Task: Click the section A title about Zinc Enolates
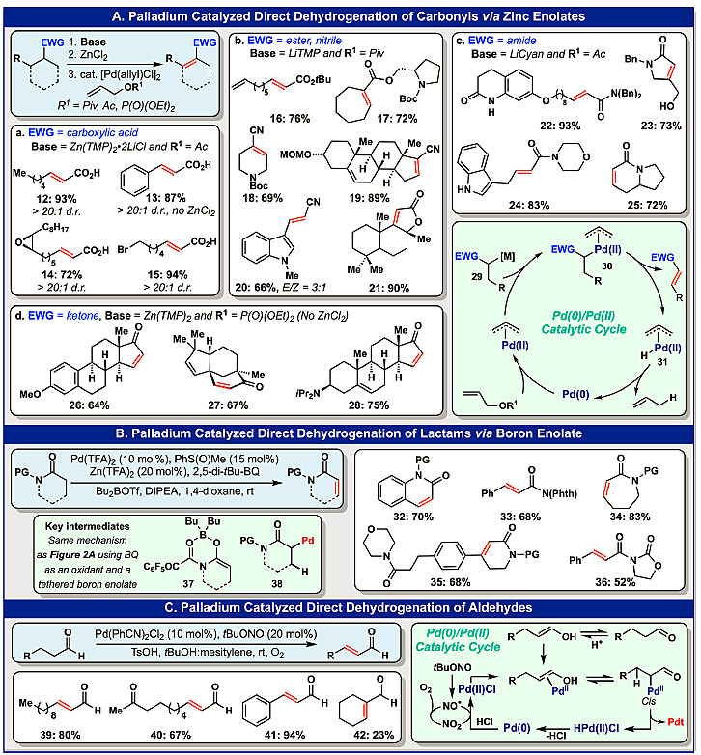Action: tap(349, 14)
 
